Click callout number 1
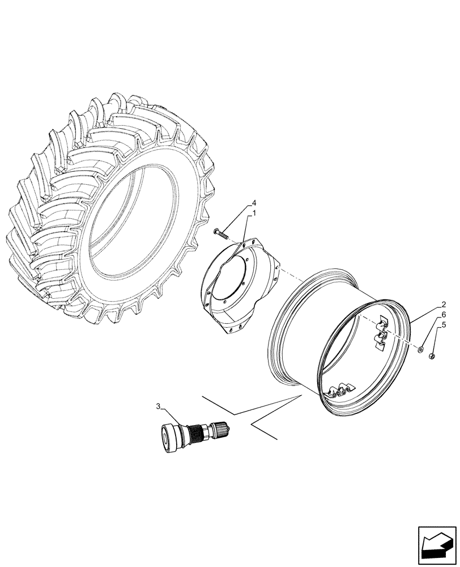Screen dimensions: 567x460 [x=254, y=214]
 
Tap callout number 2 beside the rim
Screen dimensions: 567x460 [x=444, y=304]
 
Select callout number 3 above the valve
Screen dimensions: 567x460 [x=159, y=406]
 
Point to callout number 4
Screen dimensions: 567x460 [x=254, y=203]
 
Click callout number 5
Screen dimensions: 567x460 [x=444, y=325]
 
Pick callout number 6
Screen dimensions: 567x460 [x=444, y=315]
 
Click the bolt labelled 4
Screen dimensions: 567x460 [x=220, y=232]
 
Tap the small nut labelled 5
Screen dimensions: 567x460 [x=432, y=356]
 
